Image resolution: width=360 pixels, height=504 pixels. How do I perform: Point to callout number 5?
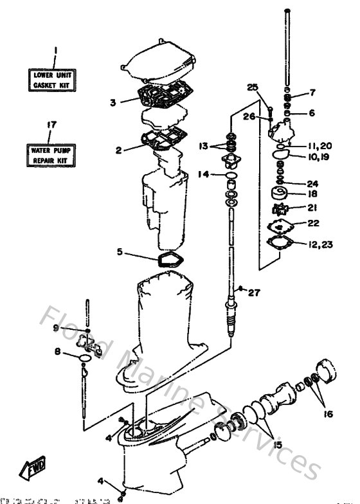120,252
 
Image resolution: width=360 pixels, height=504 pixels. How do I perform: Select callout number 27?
255,293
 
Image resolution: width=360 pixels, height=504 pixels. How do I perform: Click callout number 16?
328,414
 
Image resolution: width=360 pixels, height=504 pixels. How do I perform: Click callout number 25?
252,87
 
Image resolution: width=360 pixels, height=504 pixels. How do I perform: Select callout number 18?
312,193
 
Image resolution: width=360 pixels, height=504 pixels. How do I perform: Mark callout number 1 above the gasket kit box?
55,50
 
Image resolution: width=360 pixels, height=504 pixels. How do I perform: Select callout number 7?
312,93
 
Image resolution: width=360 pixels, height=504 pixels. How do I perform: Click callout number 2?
118,150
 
